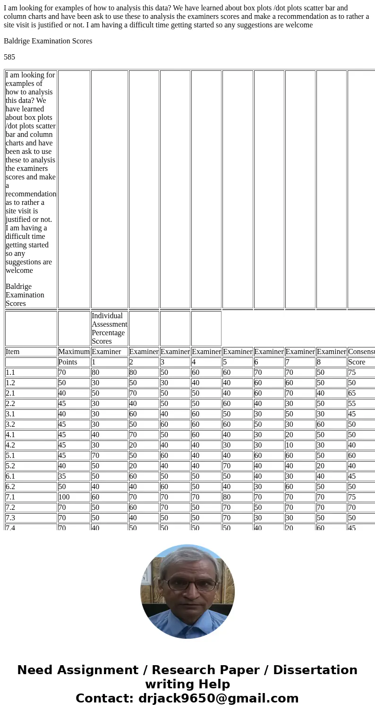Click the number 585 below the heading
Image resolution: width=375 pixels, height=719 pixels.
(9, 57)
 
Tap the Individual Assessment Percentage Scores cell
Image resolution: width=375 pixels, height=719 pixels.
(109, 328)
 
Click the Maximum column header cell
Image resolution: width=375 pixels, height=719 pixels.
(74, 352)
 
